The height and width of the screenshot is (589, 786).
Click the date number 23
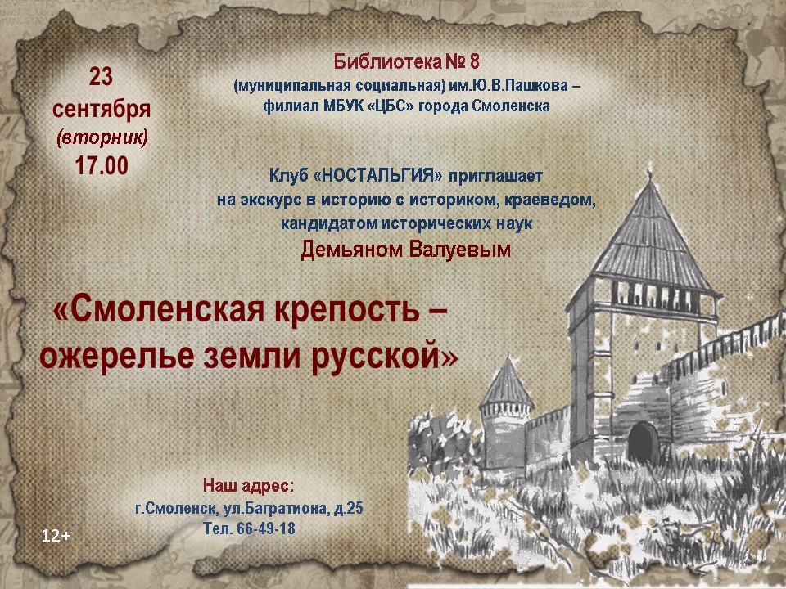point(101,77)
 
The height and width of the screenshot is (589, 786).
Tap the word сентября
point(102,109)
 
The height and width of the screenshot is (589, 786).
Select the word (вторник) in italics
point(102,137)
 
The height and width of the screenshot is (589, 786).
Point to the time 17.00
point(102,165)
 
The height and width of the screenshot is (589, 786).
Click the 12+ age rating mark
point(56,536)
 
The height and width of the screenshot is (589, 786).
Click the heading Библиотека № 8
point(407,61)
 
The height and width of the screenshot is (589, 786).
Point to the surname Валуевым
point(459,249)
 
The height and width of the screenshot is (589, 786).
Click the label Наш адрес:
point(249,485)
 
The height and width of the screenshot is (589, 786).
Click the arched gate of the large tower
point(644,443)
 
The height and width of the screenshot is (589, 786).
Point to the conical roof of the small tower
point(507,383)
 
